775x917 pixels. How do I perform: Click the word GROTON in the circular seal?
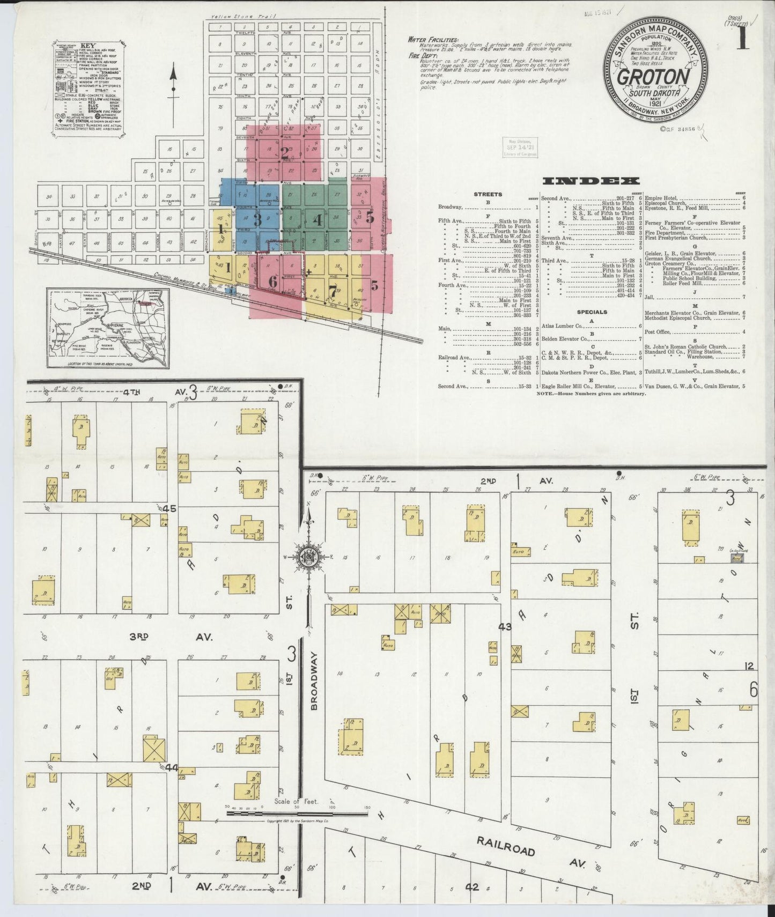coord(653,77)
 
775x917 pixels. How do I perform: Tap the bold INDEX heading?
coord(590,181)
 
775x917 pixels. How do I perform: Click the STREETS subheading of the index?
coord(488,195)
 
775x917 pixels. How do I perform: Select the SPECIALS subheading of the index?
coord(592,312)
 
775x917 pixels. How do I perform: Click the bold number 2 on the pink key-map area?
coord(285,150)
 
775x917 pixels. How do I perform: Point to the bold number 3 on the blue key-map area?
coord(257,219)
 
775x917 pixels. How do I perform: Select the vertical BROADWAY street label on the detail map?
coord(315,681)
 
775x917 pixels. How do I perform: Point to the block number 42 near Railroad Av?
coord(471,887)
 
